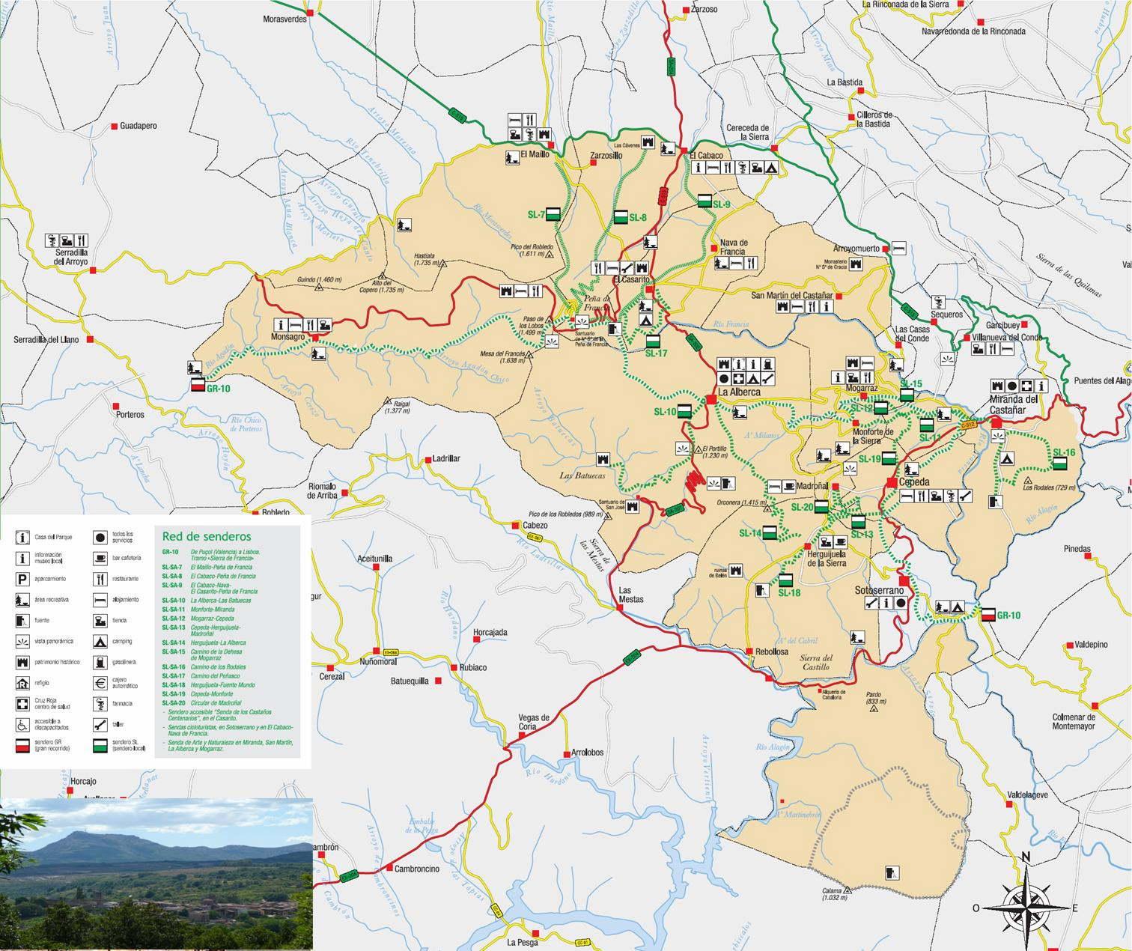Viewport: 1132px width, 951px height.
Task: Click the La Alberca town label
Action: (739, 392)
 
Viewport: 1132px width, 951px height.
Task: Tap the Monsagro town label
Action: (287, 337)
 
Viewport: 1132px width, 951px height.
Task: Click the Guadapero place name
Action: (139, 126)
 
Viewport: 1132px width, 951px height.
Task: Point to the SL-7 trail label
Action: (536, 215)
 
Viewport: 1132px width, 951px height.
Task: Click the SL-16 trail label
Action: (1063, 452)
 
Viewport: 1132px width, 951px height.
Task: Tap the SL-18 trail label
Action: (789, 593)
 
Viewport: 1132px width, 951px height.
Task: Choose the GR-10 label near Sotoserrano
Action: (1008, 616)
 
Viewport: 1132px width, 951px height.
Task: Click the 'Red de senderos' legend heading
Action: (207, 536)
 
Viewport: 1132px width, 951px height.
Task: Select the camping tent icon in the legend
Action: (100, 642)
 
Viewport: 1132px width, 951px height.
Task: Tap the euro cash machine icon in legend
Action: (100, 683)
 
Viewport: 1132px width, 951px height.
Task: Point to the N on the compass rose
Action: (1026, 857)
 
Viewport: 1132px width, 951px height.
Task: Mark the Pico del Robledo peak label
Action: (532, 250)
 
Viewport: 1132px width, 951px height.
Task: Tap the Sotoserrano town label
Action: (879, 591)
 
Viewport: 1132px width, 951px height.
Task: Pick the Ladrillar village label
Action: (446, 459)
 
